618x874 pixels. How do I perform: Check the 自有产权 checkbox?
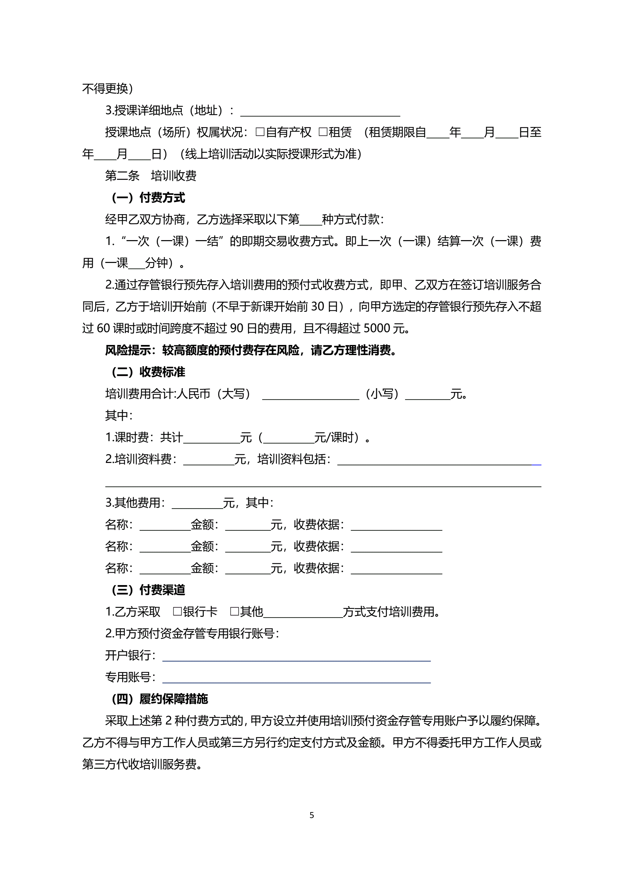260,132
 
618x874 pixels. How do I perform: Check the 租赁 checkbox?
323,132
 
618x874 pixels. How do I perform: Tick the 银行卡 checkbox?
177,612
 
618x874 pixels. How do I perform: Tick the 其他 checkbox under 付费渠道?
235,612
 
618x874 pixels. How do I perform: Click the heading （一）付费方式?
148,198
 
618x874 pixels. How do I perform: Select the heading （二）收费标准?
148,372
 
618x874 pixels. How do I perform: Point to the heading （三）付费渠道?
148,590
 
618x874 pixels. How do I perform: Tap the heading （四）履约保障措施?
160,699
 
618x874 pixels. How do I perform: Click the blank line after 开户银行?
296,656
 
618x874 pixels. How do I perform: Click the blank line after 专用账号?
296,678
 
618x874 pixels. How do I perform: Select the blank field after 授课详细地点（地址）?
320,111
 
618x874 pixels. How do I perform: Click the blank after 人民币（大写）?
311,394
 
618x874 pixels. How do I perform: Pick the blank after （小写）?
428,394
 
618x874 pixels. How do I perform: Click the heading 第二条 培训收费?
151,176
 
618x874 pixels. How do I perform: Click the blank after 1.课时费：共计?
212,438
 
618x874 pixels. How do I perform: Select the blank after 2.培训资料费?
209,460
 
